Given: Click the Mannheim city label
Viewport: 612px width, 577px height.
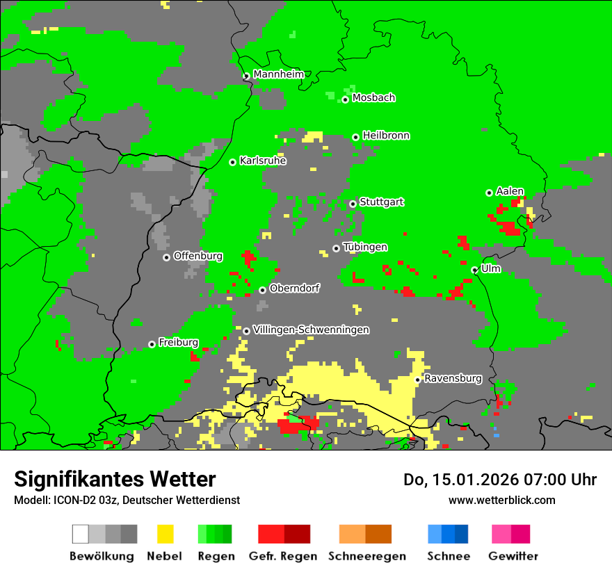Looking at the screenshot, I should point(278,74).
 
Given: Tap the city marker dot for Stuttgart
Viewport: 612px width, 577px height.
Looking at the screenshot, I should point(353,204).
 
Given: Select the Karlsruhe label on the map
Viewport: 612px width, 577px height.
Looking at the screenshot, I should point(262,161).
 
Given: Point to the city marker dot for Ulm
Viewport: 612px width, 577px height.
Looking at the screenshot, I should point(475,270).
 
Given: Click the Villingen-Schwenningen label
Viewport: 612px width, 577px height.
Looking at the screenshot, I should point(311,330).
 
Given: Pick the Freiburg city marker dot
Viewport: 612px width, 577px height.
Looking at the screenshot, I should point(152,344).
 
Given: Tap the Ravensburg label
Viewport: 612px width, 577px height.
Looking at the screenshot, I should point(453,379).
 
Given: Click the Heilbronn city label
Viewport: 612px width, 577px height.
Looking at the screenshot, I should point(386,136).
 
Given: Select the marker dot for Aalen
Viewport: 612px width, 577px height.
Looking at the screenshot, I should point(490,193).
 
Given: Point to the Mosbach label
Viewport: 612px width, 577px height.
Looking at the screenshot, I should point(373,98).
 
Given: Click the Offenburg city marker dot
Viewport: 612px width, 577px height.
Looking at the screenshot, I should point(167,257).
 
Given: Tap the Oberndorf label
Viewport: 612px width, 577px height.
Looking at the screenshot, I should point(294,288).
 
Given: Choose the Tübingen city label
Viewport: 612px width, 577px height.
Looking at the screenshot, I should point(365,247).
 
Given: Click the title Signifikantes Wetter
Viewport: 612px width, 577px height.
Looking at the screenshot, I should point(115,479).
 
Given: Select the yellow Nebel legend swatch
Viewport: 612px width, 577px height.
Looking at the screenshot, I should point(165,534).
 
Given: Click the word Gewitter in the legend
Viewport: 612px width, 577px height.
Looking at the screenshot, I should point(513,556).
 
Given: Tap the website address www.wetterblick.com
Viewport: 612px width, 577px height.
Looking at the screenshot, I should point(501,500).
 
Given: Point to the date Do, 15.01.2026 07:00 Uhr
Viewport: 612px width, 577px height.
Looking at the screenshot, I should point(500,480).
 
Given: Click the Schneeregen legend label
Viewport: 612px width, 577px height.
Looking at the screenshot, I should point(367,556).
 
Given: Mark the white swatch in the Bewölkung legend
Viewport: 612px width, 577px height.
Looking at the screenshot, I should point(81,534).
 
